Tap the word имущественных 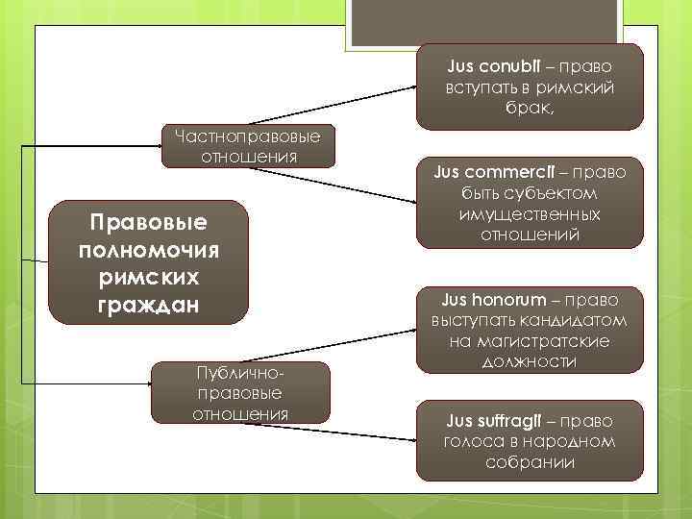click(x=531, y=213)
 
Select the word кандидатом click(x=572, y=319)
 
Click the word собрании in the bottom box click(x=530, y=462)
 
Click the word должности click(x=531, y=361)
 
